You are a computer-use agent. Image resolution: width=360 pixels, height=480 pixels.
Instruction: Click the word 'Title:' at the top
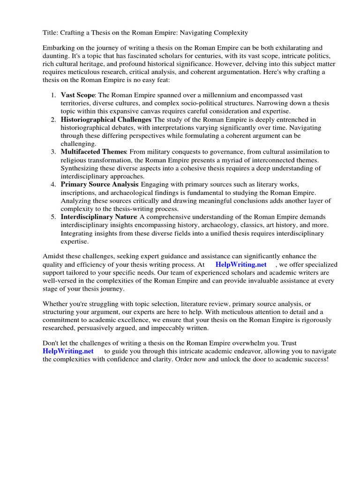51,32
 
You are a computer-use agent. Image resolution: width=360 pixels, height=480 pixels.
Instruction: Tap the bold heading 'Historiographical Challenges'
106,120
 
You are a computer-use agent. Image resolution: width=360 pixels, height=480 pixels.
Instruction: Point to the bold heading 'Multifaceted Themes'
94,151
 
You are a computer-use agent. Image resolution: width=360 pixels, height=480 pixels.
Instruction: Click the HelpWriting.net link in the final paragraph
68,351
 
